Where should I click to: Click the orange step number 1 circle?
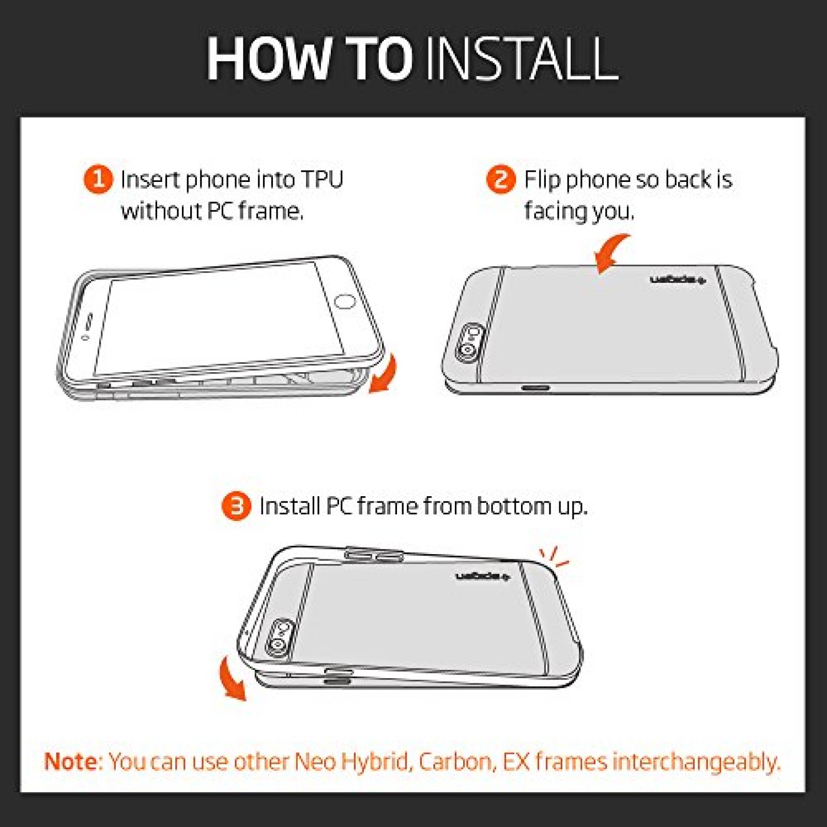(x=98, y=180)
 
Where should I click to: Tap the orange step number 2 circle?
(x=501, y=180)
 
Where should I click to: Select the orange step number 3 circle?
(x=236, y=507)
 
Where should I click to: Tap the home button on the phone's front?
(x=345, y=301)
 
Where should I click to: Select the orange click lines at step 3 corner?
(x=554, y=557)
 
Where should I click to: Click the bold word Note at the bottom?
(x=73, y=762)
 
